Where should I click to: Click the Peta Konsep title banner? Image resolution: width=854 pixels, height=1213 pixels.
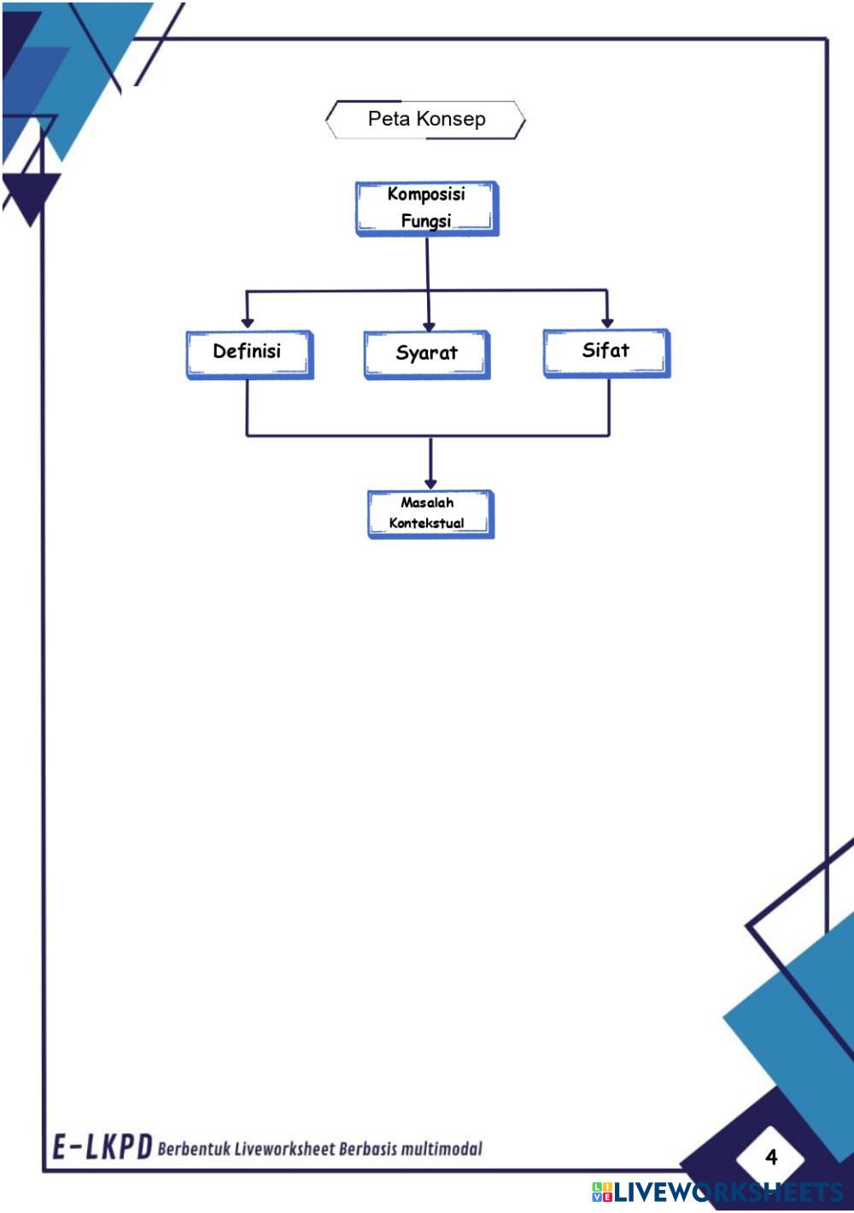[x=425, y=120]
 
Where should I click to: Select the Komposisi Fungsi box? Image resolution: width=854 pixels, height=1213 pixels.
[x=426, y=208]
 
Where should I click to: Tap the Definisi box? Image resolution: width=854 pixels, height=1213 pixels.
[x=249, y=353]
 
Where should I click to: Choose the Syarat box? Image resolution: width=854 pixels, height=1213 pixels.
[x=426, y=354]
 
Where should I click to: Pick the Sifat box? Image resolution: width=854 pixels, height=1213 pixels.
[x=606, y=352]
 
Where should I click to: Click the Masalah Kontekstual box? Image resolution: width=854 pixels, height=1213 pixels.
[x=430, y=513]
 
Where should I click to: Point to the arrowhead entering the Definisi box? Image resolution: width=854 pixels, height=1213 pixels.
[x=247, y=323]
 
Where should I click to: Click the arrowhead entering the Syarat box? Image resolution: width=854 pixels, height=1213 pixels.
[x=429, y=325]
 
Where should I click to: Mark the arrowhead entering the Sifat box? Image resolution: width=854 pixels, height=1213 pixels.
[x=606, y=322]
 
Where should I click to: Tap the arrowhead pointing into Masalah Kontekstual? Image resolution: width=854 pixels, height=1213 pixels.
[x=430, y=483]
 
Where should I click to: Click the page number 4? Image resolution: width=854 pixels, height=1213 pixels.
[x=771, y=1157]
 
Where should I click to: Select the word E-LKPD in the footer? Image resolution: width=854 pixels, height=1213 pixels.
[x=102, y=1147]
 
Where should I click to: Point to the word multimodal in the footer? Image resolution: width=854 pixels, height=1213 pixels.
[x=442, y=1149]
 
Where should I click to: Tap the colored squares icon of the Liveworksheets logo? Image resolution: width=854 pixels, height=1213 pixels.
[x=601, y=1192]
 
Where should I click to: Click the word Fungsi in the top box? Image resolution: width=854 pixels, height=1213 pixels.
[x=425, y=221]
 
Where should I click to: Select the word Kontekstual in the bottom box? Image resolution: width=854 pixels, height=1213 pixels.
[x=426, y=523]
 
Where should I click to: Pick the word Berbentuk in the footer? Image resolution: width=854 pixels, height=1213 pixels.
[x=194, y=1149]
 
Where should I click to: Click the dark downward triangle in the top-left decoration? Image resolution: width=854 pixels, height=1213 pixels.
[x=32, y=195]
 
